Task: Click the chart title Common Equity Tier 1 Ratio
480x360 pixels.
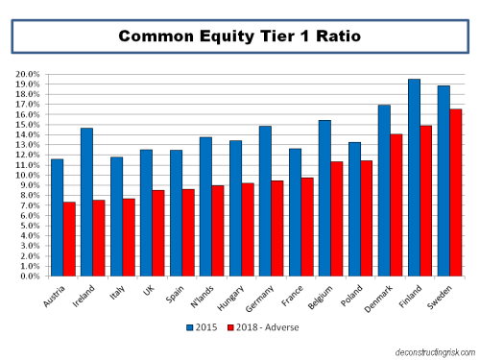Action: click(240, 37)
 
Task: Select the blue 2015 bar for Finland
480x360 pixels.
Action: click(414, 178)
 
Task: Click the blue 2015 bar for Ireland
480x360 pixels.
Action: click(86, 202)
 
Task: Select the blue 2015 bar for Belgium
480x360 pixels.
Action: click(324, 198)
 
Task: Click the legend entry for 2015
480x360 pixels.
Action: click(199, 327)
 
